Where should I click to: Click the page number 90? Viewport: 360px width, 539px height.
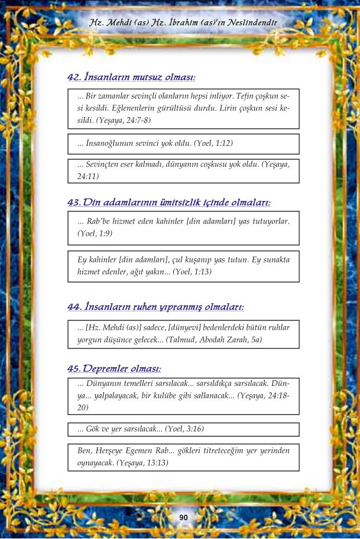[x=183, y=518]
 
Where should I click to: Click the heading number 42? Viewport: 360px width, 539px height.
[x=74, y=77]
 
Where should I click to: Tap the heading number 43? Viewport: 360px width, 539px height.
[x=74, y=203]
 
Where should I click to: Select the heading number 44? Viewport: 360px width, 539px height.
[x=74, y=307]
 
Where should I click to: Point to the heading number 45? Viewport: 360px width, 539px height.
[x=74, y=369]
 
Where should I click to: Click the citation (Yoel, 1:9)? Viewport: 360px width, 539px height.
[x=95, y=233]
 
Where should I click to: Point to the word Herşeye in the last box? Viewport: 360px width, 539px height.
[x=113, y=451]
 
